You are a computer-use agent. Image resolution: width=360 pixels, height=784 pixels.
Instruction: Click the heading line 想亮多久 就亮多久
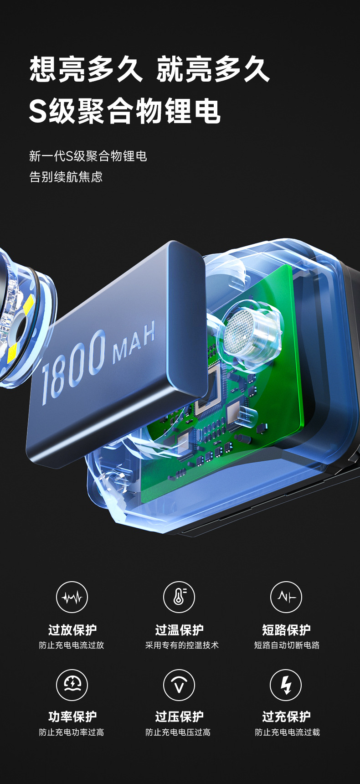click(150, 69)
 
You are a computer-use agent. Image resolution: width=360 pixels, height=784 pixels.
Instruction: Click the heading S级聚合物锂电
click(125, 111)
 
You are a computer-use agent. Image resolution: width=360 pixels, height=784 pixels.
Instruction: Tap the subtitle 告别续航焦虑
click(66, 176)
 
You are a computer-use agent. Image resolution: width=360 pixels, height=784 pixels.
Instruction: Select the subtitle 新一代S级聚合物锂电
click(88, 156)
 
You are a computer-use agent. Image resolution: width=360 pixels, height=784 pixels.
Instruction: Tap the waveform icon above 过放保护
click(72, 597)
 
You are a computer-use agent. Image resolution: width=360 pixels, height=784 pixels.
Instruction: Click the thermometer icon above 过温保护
click(179, 597)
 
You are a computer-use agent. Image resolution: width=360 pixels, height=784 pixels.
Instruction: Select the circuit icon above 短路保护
click(286, 597)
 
